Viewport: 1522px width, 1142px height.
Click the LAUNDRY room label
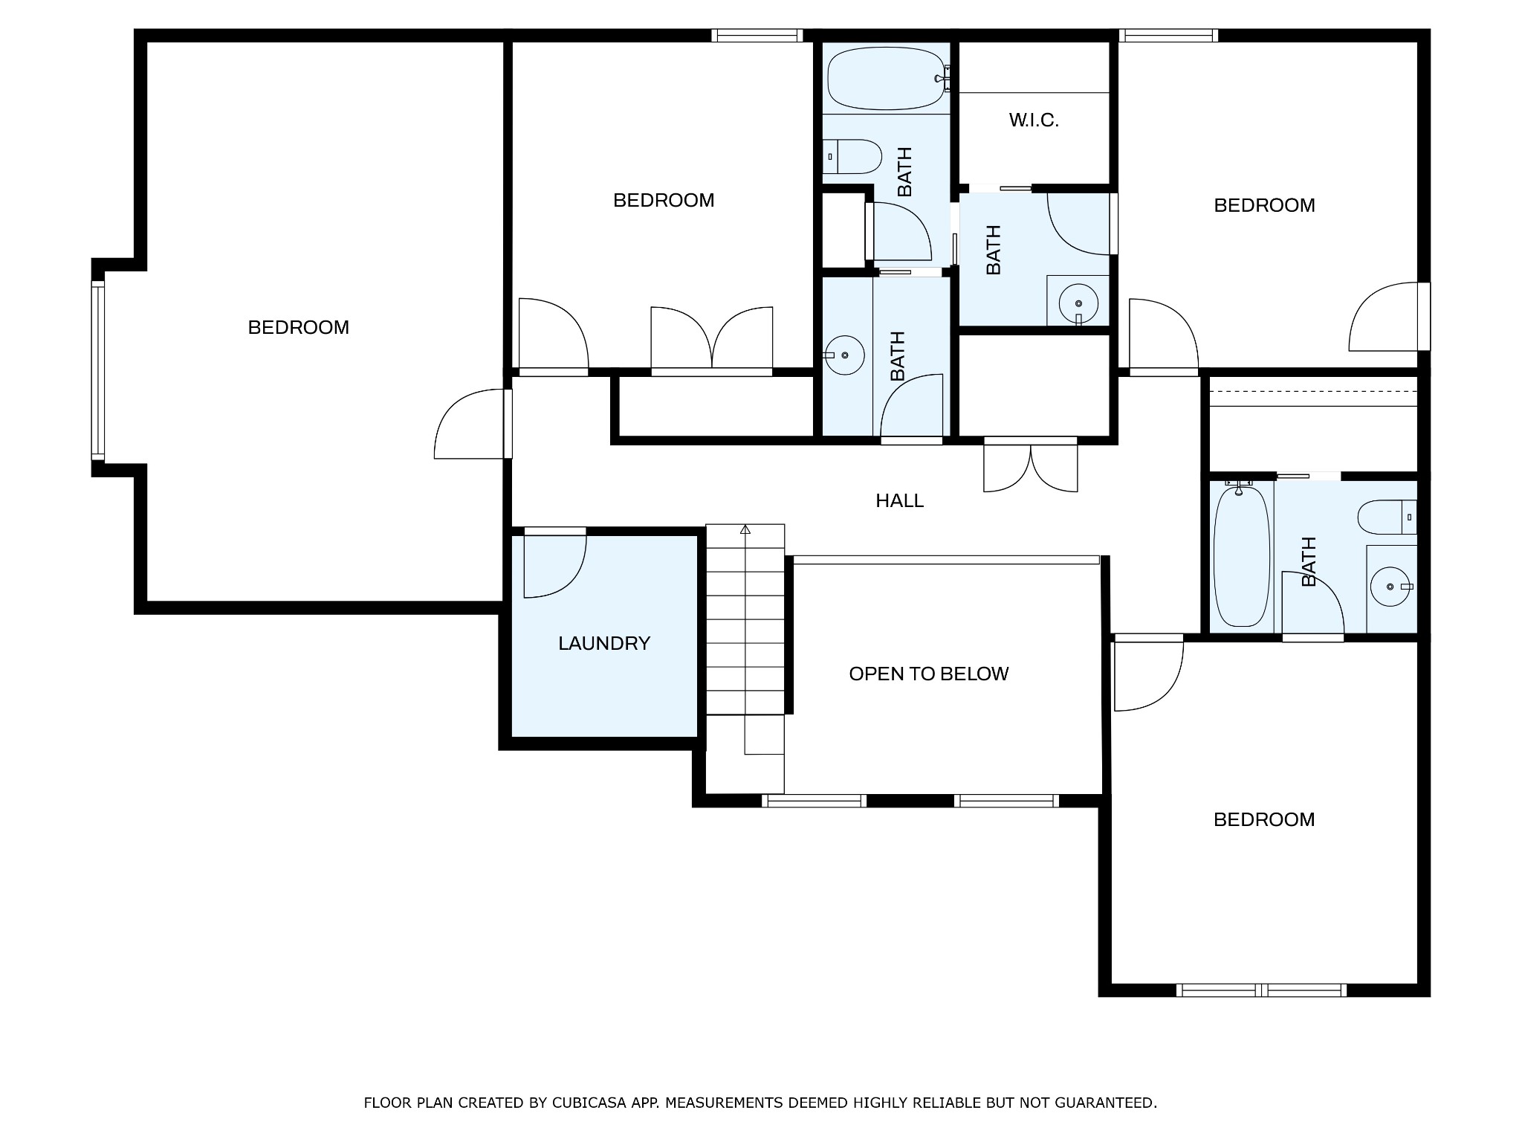604,643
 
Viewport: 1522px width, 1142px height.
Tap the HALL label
899,501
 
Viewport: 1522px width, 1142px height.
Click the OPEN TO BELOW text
928,674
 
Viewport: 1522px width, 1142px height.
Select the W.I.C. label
1034,120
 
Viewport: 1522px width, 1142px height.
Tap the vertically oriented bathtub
1241,556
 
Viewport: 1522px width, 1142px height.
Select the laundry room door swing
565,580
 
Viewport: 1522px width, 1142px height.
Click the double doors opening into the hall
1031,468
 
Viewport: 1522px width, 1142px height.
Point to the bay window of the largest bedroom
98,370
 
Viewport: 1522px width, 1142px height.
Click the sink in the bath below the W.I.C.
1078,303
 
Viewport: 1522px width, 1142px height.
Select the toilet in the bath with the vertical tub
1387,517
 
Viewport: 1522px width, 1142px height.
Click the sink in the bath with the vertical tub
1390,587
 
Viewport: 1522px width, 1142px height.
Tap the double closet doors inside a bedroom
712,339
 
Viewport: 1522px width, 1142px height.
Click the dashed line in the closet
1314,392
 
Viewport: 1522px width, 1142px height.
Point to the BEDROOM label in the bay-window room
299,328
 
